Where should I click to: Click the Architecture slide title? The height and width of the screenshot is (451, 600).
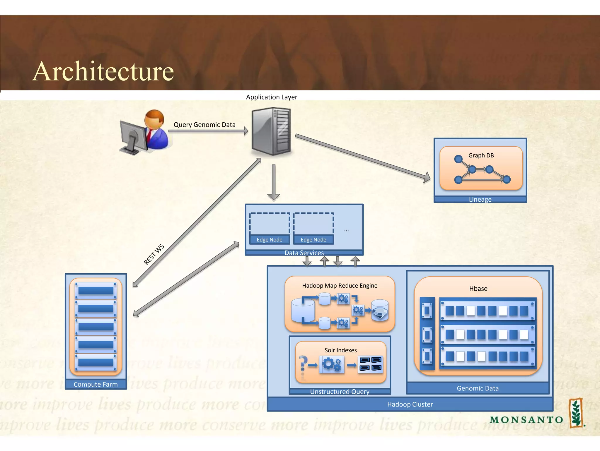[x=103, y=71]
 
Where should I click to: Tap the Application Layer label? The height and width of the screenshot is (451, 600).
[x=271, y=97]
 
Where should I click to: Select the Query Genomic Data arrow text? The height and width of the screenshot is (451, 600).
[x=204, y=125]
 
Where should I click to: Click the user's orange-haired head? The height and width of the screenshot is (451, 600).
[x=154, y=119]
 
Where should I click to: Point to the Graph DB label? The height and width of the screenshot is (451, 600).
[x=481, y=155]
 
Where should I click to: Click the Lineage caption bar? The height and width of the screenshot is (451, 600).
[x=480, y=200]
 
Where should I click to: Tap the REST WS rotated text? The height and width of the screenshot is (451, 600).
[x=154, y=254]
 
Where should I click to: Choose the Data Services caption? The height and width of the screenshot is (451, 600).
[x=304, y=253]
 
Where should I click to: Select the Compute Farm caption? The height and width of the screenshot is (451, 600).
[x=96, y=384]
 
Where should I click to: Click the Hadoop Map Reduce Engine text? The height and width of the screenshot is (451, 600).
[x=340, y=286]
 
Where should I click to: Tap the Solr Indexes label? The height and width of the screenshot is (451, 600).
[x=340, y=350]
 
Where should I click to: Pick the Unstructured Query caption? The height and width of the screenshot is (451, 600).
[x=340, y=392]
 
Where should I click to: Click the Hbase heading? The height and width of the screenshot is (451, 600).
[x=478, y=289]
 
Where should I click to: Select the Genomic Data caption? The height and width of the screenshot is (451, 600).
[x=478, y=388]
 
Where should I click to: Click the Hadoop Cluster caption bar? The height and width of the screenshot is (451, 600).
[x=410, y=404]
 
